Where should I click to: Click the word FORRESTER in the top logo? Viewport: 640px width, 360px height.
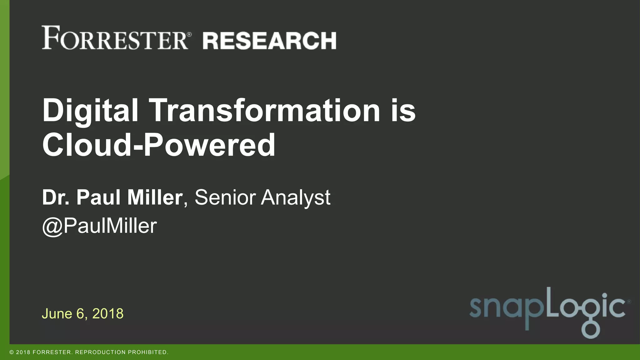[115, 38]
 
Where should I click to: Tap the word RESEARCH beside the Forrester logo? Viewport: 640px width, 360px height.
[269, 41]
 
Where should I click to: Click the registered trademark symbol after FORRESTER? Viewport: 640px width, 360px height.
[189, 34]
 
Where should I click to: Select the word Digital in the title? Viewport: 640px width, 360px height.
[90, 111]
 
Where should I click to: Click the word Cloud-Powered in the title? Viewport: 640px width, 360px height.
[159, 145]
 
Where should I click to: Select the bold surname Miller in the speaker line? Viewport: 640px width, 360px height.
[155, 197]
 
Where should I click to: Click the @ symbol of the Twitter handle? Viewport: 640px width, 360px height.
[52, 226]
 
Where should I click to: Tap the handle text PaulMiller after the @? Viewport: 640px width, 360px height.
[110, 226]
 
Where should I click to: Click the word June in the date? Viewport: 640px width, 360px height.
[57, 314]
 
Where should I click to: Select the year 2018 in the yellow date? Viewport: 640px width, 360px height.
[108, 314]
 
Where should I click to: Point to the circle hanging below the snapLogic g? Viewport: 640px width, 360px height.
[590, 330]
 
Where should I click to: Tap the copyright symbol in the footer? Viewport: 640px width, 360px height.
[12, 352]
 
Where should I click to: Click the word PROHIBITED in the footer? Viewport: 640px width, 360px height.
[148, 352]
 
